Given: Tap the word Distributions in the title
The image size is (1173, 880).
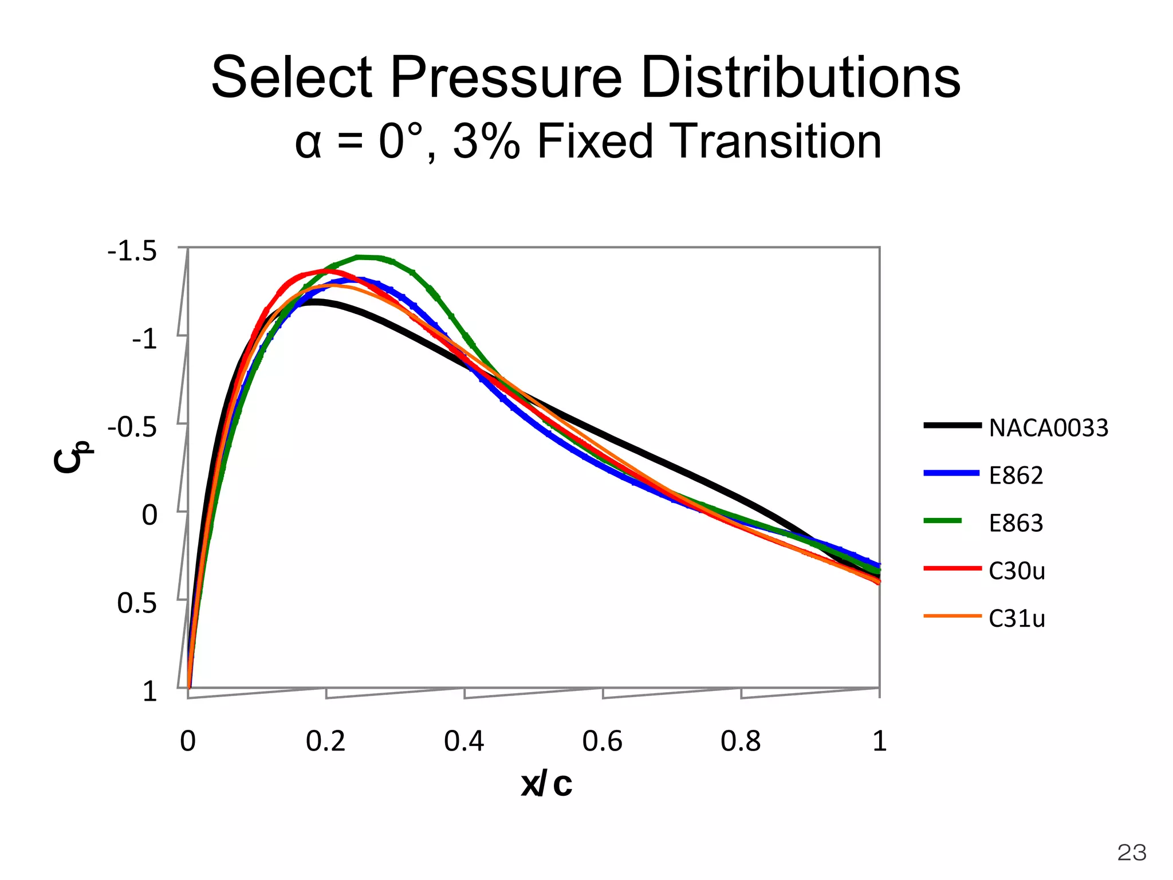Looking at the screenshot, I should [x=800, y=78].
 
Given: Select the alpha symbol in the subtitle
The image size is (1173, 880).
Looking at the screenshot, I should [x=308, y=143].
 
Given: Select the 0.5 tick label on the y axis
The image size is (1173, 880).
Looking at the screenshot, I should [x=137, y=604].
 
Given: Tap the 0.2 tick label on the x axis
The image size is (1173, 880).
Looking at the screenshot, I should [x=325, y=741].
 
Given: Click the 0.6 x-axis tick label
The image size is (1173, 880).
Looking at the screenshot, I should [x=602, y=741].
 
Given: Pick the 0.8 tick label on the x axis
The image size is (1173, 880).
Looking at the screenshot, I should [x=740, y=741].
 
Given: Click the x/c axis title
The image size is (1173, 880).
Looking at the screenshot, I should [x=546, y=784].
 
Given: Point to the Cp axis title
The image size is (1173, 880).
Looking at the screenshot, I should [x=72, y=457].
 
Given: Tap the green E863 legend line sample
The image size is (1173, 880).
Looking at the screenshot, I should [x=943, y=521].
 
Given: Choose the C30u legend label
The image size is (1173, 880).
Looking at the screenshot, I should [x=1017, y=571].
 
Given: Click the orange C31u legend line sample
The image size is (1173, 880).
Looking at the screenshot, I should [x=952, y=616].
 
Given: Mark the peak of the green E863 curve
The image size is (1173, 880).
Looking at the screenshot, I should [x=367, y=257].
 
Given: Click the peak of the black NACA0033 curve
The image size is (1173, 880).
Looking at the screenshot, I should [x=313, y=301].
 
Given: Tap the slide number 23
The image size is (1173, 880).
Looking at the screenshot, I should [x=1132, y=853].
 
